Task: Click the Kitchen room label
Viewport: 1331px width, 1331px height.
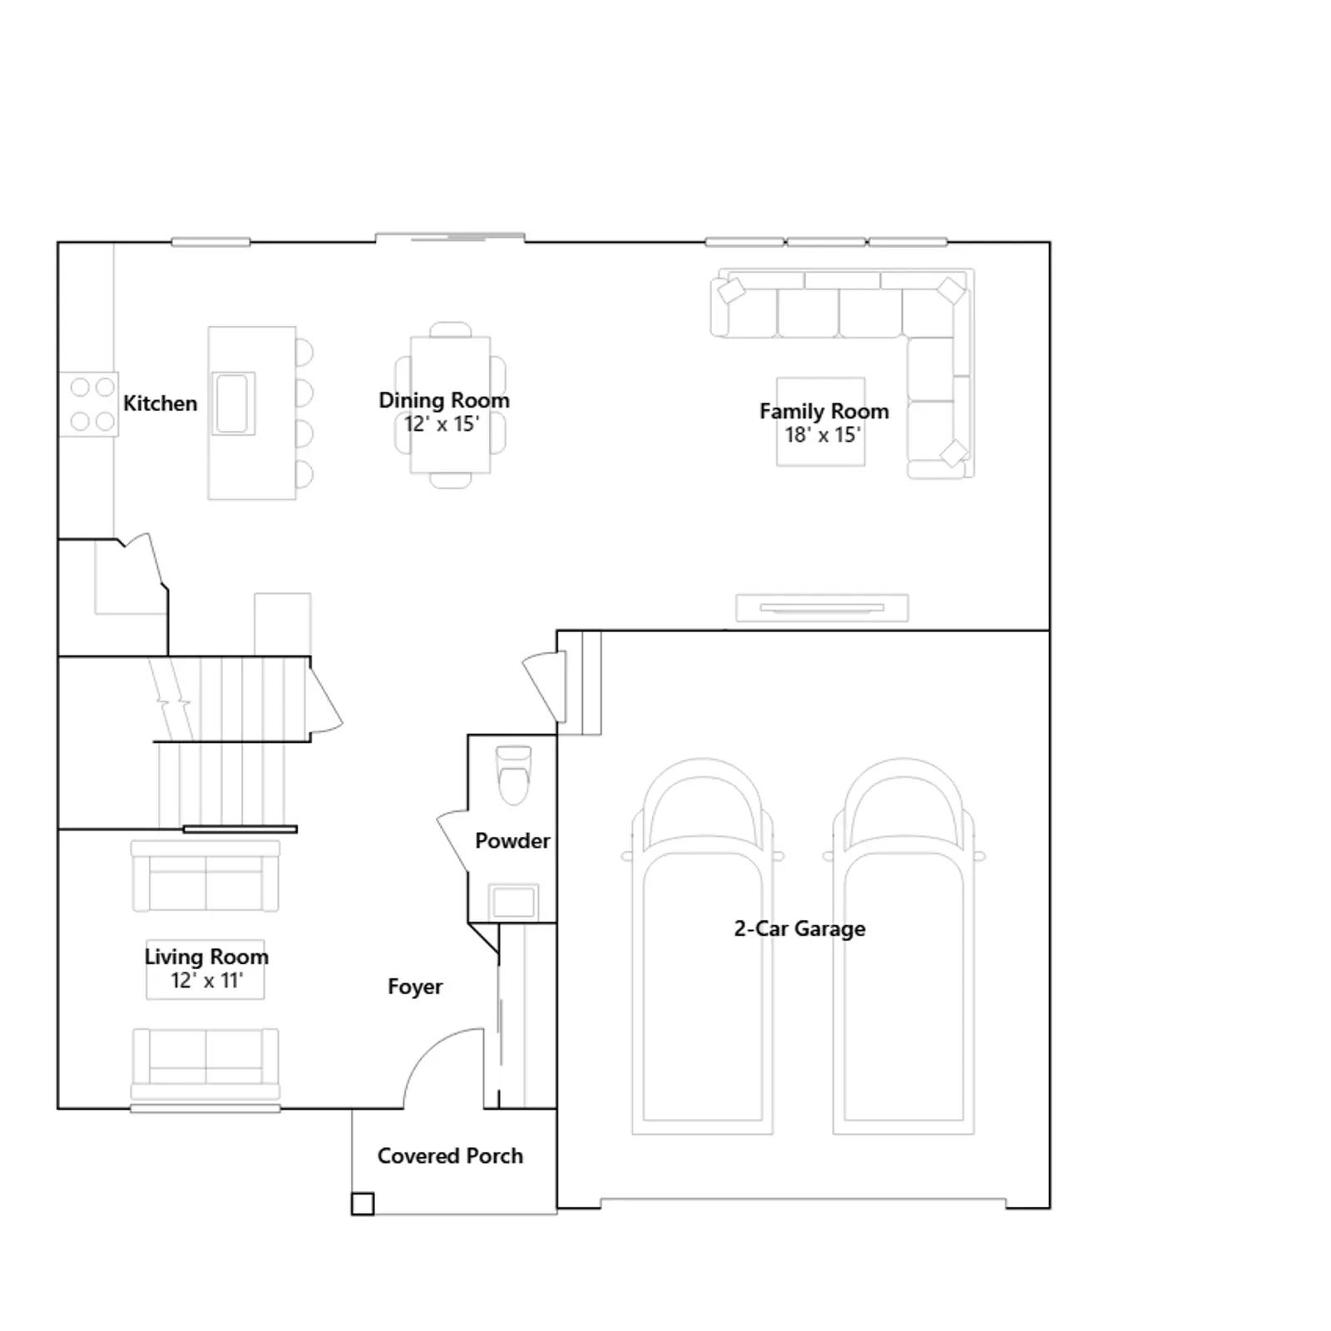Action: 160,403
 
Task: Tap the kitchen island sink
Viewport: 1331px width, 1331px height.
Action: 233,403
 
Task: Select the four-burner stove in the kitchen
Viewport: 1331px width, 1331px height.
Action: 89,404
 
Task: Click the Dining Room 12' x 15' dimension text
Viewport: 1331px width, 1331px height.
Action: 442,424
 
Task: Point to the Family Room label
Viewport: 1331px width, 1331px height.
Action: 824,411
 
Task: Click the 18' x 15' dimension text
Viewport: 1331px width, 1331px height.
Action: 823,434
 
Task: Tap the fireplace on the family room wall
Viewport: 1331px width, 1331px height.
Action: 822,608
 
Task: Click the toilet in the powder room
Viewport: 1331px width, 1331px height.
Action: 513,775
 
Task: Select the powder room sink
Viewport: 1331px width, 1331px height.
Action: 513,901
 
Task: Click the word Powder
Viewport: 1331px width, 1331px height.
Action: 512,841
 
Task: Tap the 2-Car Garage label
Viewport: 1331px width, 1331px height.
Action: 799,928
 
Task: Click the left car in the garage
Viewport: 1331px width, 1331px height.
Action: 703,946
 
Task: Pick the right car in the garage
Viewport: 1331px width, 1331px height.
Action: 904,946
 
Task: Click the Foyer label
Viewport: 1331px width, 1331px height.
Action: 415,987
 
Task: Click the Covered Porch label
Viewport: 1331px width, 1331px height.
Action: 450,1156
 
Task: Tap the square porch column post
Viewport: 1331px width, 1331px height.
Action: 362,1204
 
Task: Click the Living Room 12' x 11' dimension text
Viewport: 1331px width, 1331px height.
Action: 206,981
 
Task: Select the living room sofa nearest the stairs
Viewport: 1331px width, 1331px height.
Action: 205,875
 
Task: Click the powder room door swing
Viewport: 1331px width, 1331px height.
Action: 453,840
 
